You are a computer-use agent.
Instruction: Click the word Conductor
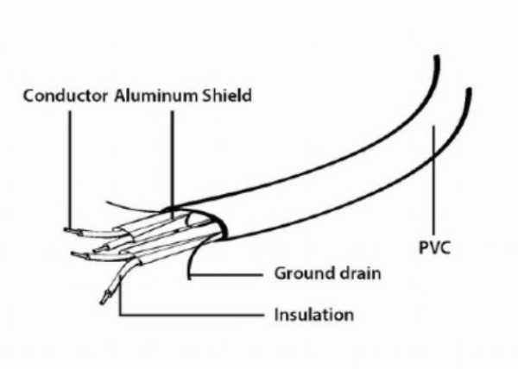coord(66,96)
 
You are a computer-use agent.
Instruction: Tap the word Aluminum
coord(155,96)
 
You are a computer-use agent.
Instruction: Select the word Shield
coord(226,96)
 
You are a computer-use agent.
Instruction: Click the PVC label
coord(435,247)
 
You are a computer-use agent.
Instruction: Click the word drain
coord(356,273)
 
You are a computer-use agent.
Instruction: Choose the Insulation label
coord(314,315)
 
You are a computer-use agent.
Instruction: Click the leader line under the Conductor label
coord(70,169)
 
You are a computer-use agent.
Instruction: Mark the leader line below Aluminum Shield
coord(172,164)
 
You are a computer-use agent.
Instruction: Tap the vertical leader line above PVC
coord(433,179)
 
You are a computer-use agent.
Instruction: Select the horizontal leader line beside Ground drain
coord(227,274)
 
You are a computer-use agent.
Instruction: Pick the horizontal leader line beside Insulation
coord(192,315)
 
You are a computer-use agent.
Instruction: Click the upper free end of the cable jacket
coord(437,57)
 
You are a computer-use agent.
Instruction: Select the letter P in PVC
coord(424,247)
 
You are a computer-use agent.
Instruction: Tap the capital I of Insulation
coord(277,315)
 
